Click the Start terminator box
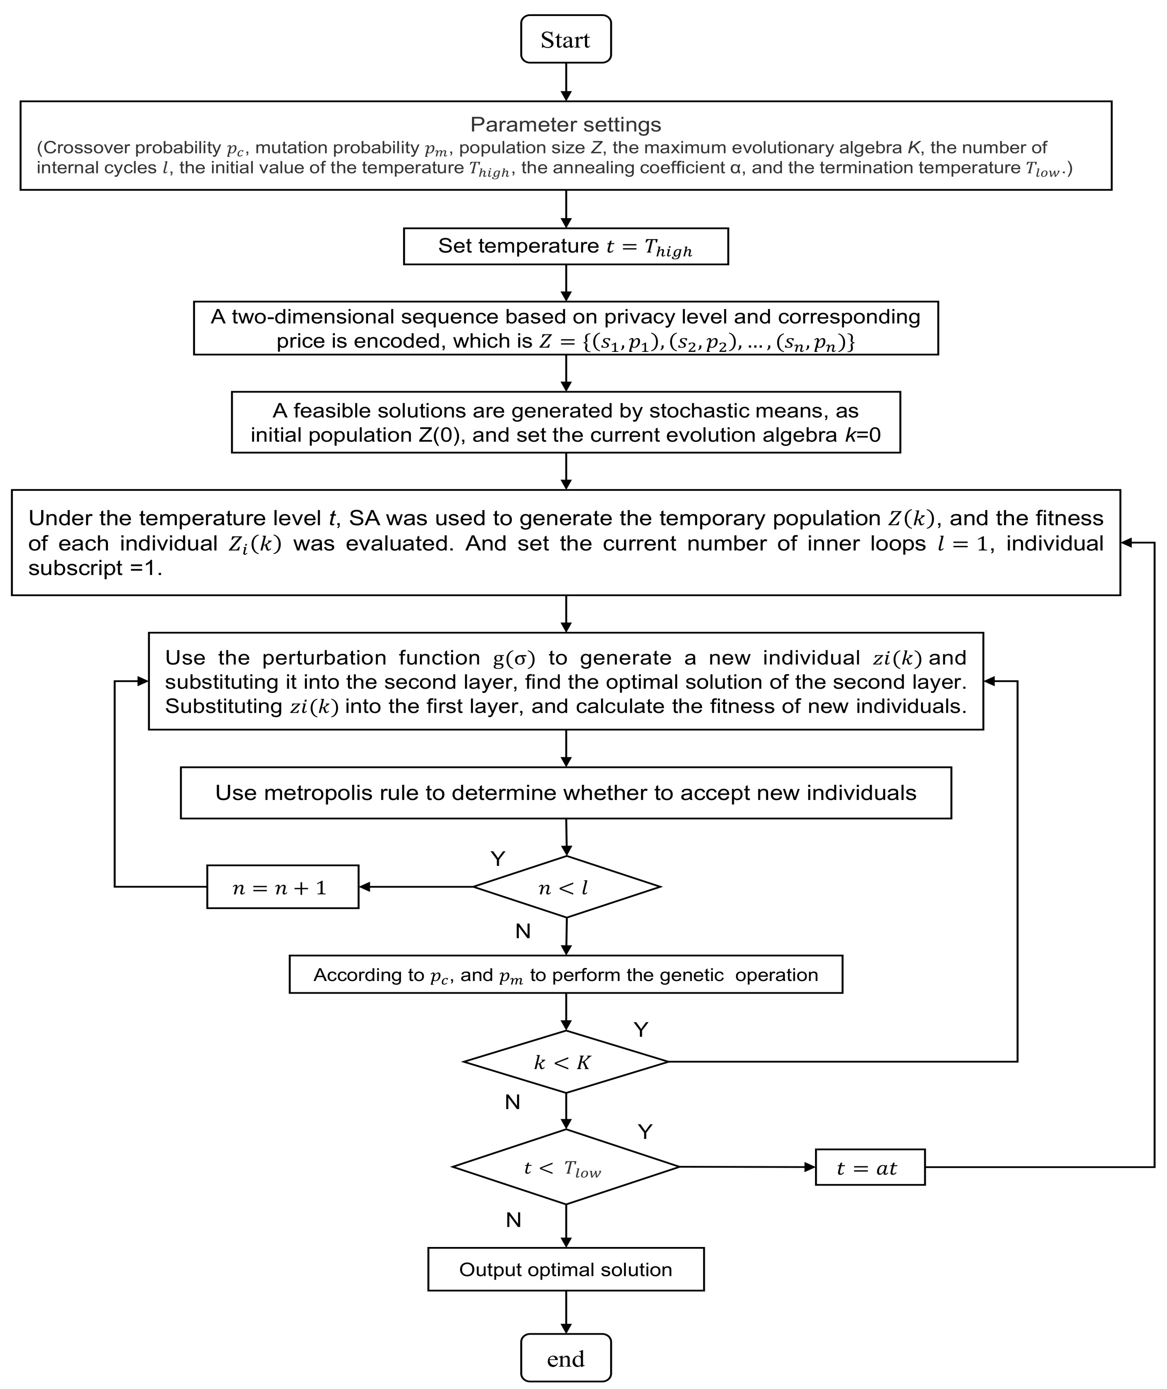[566, 40]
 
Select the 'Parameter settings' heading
[566, 124]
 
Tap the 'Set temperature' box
[566, 247]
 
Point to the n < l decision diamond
[566, 887]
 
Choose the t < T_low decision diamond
[566, 1167]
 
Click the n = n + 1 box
[282, 887]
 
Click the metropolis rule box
[566, 793]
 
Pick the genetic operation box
[566, 975]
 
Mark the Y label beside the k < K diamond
[640, 1030]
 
